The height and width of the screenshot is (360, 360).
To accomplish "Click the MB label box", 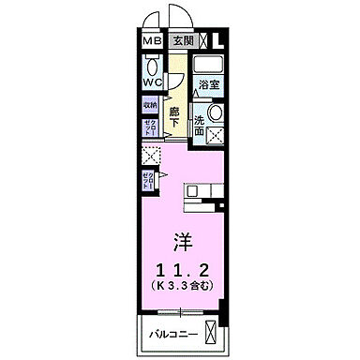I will [x=152, y=41].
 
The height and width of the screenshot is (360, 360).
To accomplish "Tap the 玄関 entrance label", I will [x=182, y=41].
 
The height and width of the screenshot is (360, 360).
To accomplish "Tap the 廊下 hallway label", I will [x=174, y=109].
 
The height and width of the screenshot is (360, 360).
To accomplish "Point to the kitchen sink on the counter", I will [x=191, y=192].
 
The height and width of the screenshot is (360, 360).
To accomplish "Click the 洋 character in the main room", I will [x=184, y=237].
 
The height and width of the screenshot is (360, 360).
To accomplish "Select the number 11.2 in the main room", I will [x=184, y=264].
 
